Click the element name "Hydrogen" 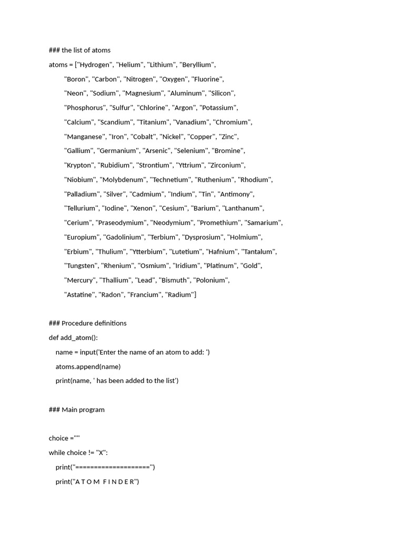(x=96, y=65)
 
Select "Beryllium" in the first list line (x=197, y=65)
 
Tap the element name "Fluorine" (x=207, y=79)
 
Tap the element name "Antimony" (x=236, y=194)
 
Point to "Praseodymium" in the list (x=121, y=223)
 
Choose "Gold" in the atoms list (x=250, y=266)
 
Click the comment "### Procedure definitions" (x=87, y=323)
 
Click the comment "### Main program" (x=76, y=409)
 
